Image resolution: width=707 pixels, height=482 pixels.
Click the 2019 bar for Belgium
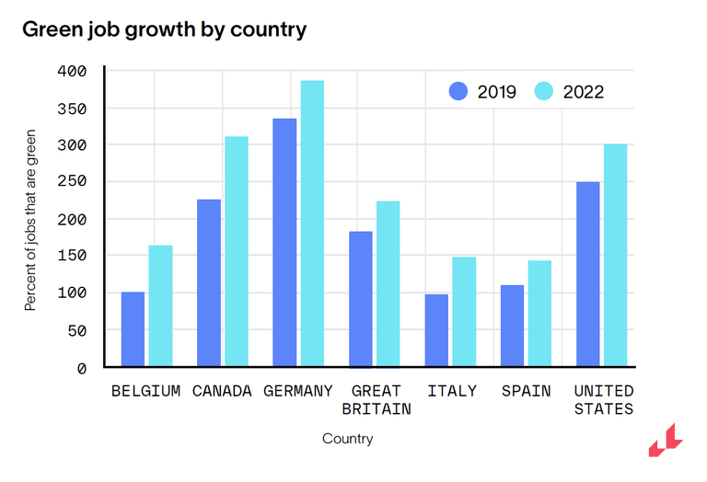tap(133, 329)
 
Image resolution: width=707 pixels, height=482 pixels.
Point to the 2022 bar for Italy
tap(464, 312)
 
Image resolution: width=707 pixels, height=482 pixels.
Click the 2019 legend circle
tap(458, 91)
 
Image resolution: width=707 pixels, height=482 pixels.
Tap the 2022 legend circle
tap(544, 91)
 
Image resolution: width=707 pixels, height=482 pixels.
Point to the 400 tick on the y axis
tap(72, 71)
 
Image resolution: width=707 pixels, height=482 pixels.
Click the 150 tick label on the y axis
tap(72, 256)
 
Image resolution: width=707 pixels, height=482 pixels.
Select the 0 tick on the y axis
tap(80, 368)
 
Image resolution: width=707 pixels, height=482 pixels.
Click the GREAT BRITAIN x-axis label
tap(376, 400)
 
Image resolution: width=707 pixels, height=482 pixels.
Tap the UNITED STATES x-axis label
tap(604, 400)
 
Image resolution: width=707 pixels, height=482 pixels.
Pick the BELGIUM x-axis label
tap(145, 391)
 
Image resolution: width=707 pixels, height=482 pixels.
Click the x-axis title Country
tap(348, 439)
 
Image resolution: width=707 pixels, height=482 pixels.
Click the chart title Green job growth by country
tap(164, 29)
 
